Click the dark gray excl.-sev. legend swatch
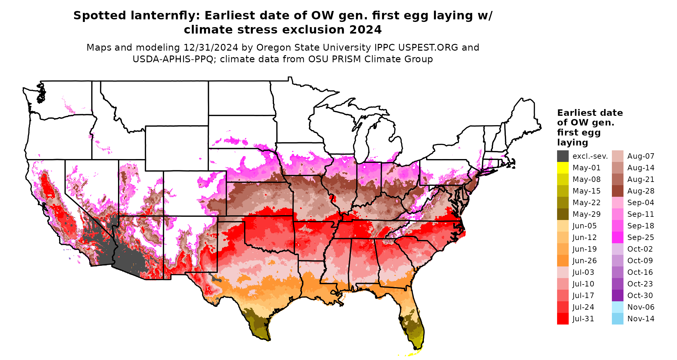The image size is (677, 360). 563,156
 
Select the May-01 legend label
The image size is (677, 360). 586,168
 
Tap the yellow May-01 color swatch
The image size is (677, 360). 563,168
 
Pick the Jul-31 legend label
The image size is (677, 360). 583,319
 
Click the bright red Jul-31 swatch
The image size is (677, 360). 563,319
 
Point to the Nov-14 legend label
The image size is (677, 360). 641,319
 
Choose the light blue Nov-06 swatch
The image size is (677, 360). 617,307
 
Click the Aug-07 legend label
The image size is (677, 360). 641,156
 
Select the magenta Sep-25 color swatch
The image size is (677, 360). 617,237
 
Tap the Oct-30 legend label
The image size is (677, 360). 640,295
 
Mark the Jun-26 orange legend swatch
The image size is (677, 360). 563,261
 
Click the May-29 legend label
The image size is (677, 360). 586,214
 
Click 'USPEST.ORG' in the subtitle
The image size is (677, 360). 428,47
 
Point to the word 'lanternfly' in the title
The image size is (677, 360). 165,15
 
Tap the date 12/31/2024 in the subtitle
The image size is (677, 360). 211,47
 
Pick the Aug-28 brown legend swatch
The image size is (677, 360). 617,191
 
